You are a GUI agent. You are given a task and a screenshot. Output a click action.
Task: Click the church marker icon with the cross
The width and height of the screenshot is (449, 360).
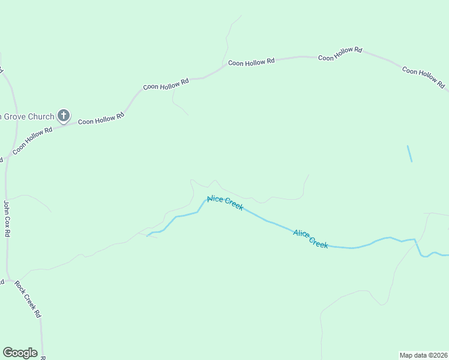(x=64, y=116)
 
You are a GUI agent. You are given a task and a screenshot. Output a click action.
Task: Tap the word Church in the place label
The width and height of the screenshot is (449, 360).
(x=41, y=116)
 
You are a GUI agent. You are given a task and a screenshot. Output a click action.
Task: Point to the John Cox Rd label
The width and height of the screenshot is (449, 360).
(x=7, y=219)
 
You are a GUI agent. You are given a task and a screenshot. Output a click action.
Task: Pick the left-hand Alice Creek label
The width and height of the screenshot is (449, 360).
(x=225, y=203)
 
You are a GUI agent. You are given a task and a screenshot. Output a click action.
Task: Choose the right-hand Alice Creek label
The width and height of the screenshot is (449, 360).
(x=311, y=239)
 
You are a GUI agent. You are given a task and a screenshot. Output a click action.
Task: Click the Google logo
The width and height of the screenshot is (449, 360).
(x=20, y=353)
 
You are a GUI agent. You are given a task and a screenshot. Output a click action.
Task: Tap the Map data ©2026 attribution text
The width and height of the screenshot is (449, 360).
(x=423, y=355)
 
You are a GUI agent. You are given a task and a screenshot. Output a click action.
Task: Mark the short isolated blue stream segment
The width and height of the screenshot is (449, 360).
(x=409, y=153)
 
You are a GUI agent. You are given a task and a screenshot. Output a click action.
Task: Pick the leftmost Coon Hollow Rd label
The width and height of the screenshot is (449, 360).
(x=32, y=139)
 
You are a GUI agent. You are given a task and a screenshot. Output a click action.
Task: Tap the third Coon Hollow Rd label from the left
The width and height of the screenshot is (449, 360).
(x=166, y=83)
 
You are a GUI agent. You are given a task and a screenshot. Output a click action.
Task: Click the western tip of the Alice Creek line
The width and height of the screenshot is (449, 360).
(x=147, y=236)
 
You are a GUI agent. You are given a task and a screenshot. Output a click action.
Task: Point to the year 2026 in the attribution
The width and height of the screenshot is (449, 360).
(x=439, y=355)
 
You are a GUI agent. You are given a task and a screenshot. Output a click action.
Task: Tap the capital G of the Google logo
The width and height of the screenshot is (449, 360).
(x=8, y=353)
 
